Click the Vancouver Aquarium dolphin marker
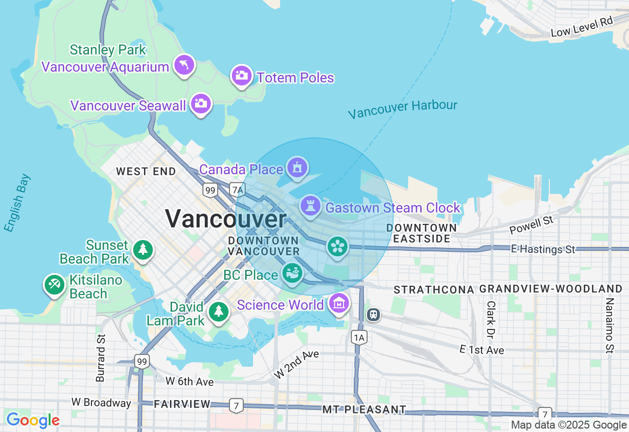click(x=184, y=65)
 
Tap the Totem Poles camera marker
click(x=242, y=76)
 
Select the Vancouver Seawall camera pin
click(x=201, y=104)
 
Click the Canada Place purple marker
click(x=297, y=168)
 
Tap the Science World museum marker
click(x=339, y=304)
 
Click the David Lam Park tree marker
click(x=218, y=311)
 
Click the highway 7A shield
click(x=237, y=189)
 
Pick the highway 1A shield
click(x=359, y=337)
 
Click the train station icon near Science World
click(x=373, y=314)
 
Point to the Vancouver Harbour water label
click(x=402, y=109)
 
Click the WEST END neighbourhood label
click(x=146, y=172)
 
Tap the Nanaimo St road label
click(x=609, y=325)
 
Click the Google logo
click(x=33, y=420)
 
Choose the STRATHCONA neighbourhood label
click(x=434, y=290)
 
